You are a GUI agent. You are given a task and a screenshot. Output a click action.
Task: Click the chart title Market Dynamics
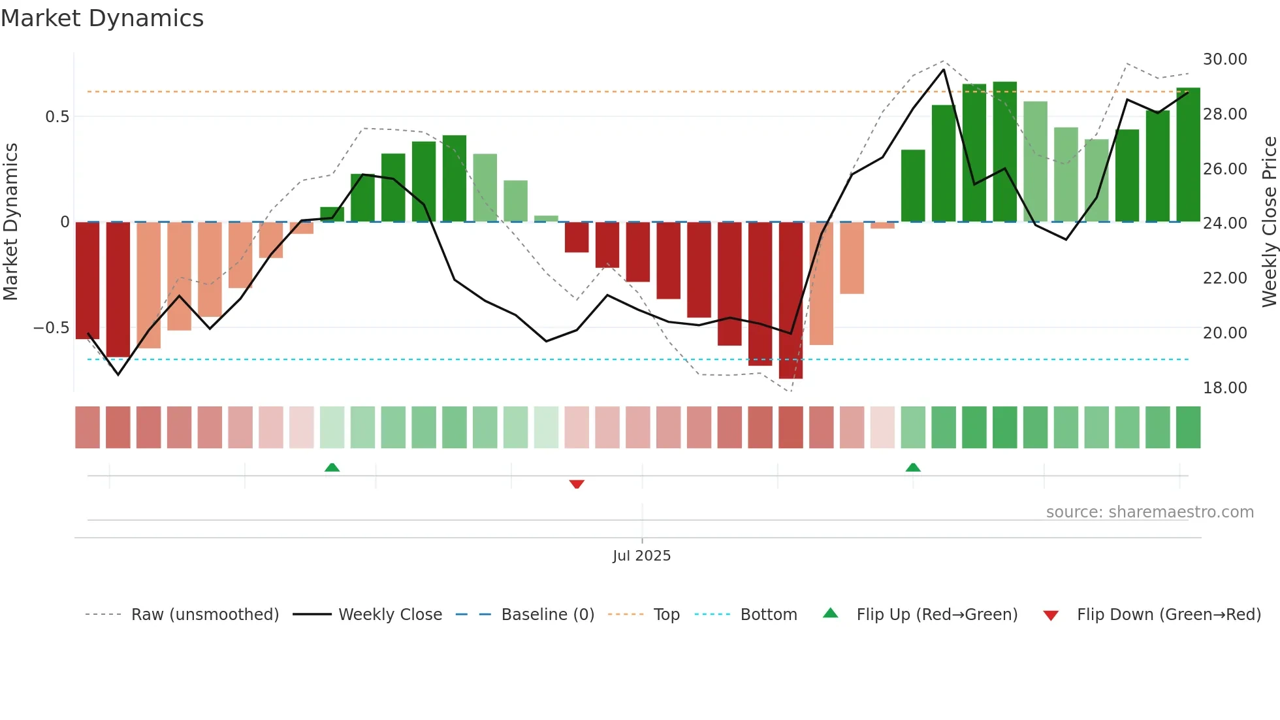click(x=102, y=18)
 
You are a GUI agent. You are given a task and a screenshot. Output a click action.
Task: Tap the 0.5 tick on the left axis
click(x=57, y=117)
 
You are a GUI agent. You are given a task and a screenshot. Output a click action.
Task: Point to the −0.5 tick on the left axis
click(x=52, y=328)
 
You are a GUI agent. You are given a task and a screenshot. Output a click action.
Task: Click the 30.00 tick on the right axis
click(x=1224, y=59)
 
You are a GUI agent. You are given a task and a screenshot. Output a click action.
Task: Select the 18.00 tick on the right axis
click(x=1224, y=388)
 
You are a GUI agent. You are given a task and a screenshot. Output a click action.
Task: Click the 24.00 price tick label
click(x=1224, y=223)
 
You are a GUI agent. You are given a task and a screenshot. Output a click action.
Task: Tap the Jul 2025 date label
click(x=641, y=556)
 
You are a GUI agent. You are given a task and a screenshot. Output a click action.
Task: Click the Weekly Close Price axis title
click(x=1269, y=222)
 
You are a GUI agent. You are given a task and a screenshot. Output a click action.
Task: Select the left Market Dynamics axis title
click(x=10, y=222)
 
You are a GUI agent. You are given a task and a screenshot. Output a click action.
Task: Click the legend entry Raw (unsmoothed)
click(x=204, y=615)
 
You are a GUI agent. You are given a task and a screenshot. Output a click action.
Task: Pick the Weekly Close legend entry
click(x=390, y=615)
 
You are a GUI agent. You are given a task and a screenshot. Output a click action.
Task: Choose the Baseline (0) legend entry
click(x=547, y=615)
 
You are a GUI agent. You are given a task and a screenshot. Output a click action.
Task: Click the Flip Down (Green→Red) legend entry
click(x=1168, y=615)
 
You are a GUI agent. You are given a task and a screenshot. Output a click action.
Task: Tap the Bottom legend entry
click(x=768, y=615)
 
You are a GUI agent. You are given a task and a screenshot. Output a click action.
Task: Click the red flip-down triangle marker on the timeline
click(x=577, y=484)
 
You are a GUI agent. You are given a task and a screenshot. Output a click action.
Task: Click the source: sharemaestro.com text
click(x=1149, y=512)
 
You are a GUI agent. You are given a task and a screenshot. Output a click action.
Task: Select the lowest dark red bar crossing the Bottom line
click(x=791, y=301)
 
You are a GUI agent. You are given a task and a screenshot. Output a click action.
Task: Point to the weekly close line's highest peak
click(x=944, y=69)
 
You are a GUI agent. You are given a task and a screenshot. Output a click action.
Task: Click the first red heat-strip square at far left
click(x=88, y=427)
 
